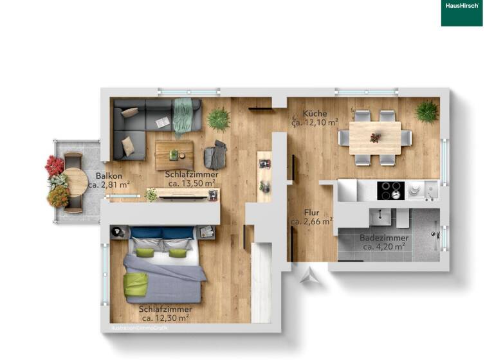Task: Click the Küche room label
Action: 316,114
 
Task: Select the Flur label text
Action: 311,212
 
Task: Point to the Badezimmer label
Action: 384,238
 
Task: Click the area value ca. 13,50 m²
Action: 192,183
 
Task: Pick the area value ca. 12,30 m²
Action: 165,318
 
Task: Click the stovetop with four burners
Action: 389,190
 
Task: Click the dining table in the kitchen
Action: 375,137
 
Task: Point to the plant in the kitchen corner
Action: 426,111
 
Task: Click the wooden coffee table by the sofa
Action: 174,154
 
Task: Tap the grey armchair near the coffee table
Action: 216,156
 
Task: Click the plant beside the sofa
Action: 219,118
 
